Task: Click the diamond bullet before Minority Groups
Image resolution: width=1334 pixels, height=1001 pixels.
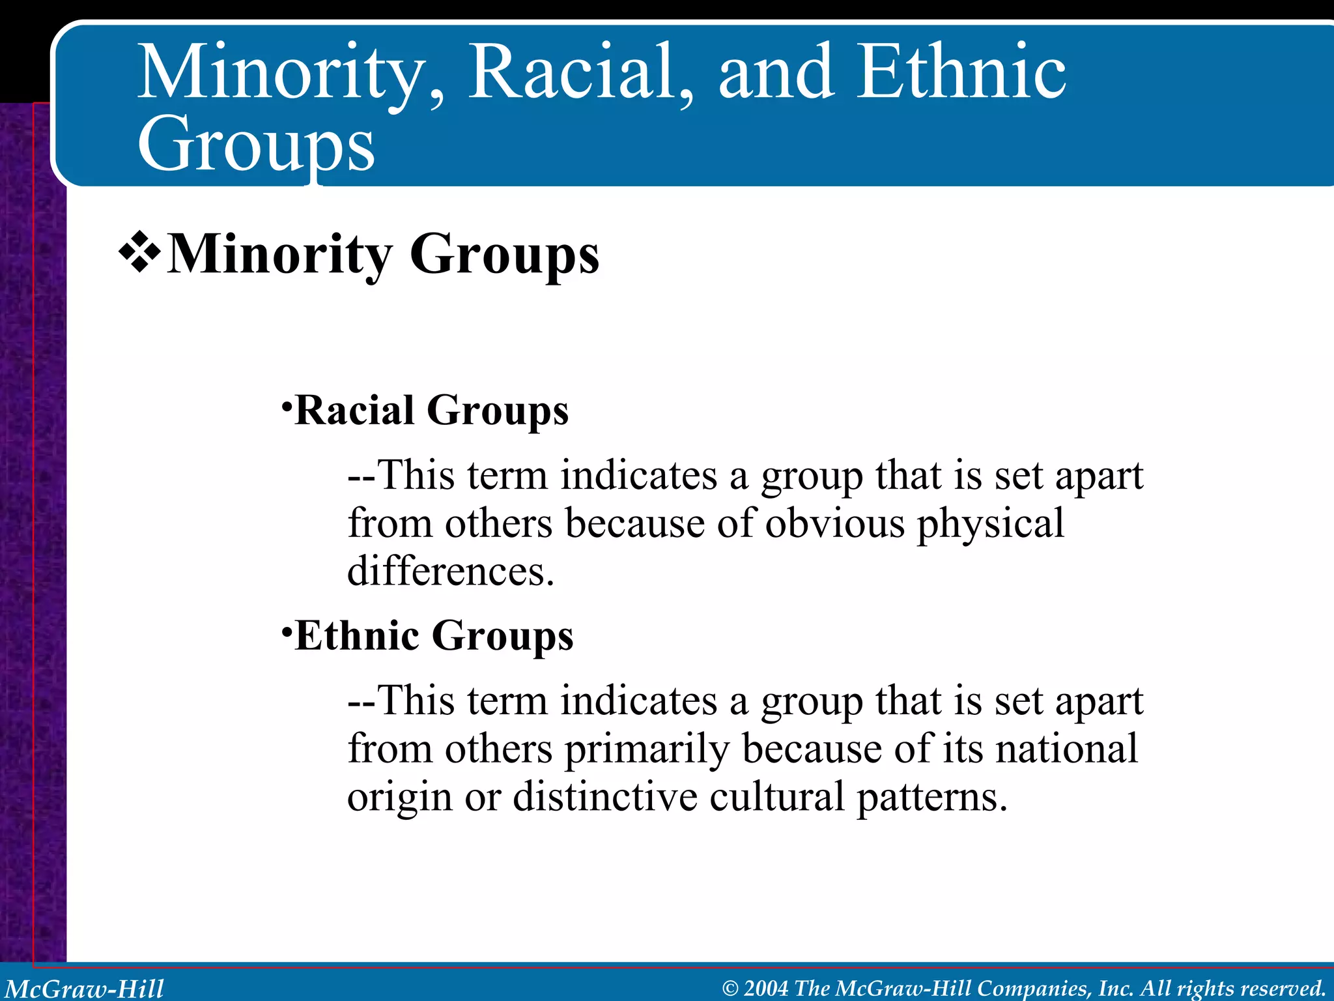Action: click(x=139, y=254)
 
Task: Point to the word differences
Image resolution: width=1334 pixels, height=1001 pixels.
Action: click(x=450, y=572)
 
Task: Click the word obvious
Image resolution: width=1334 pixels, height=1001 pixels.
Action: click(x=834, y=523)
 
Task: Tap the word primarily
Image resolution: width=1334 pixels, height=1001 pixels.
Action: click(x=646, y=750)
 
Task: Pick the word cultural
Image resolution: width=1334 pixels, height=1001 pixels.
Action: click(x=776, y=796)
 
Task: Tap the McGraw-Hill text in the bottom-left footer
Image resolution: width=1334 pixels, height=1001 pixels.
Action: click(x=85, y=989)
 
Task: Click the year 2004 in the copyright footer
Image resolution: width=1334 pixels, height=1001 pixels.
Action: click(x=766, y=988)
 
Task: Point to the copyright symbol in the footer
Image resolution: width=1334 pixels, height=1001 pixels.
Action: click(x=730, y=989)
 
